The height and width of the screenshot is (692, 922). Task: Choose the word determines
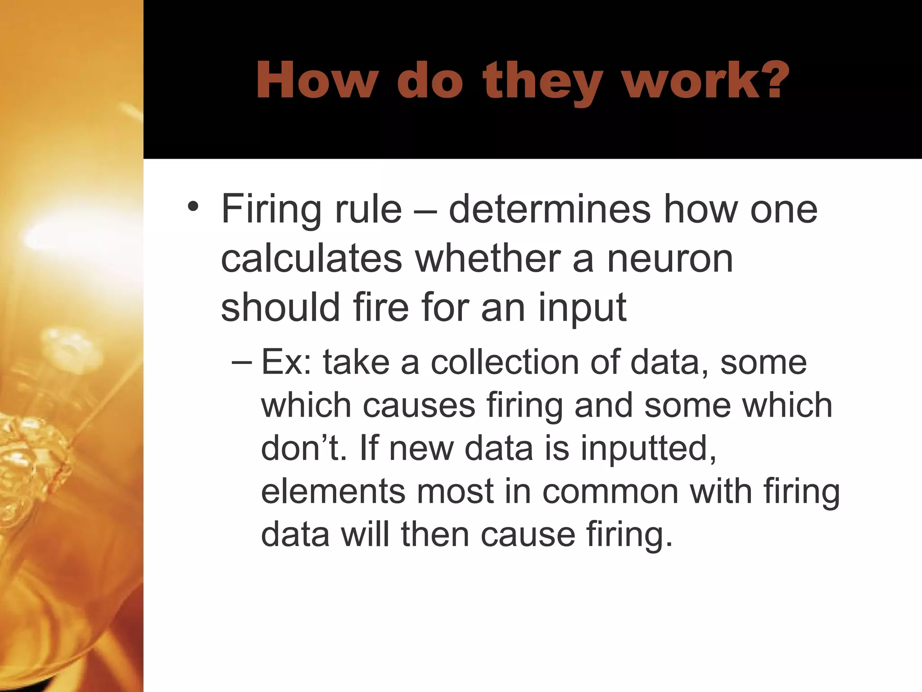pyautogui.click(x=549, y=209)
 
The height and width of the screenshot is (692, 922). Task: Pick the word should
pyautogui.click(x=280, y=307)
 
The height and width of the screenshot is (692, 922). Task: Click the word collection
pyautogui.click(x=504, y=362)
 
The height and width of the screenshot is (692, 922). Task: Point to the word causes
pyautogui.click(x=419, y=405)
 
